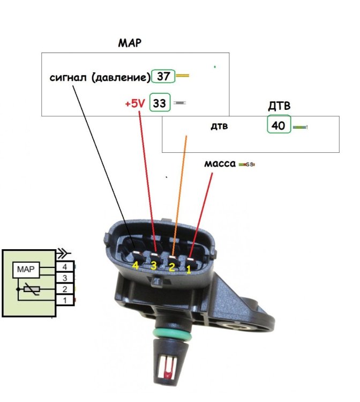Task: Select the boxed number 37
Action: point(163,77)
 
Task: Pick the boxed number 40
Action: point(279,125)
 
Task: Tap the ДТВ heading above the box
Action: point(279,107)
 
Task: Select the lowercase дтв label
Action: point(219,127)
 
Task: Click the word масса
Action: point(220,163)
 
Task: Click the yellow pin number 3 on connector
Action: point(154,265)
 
